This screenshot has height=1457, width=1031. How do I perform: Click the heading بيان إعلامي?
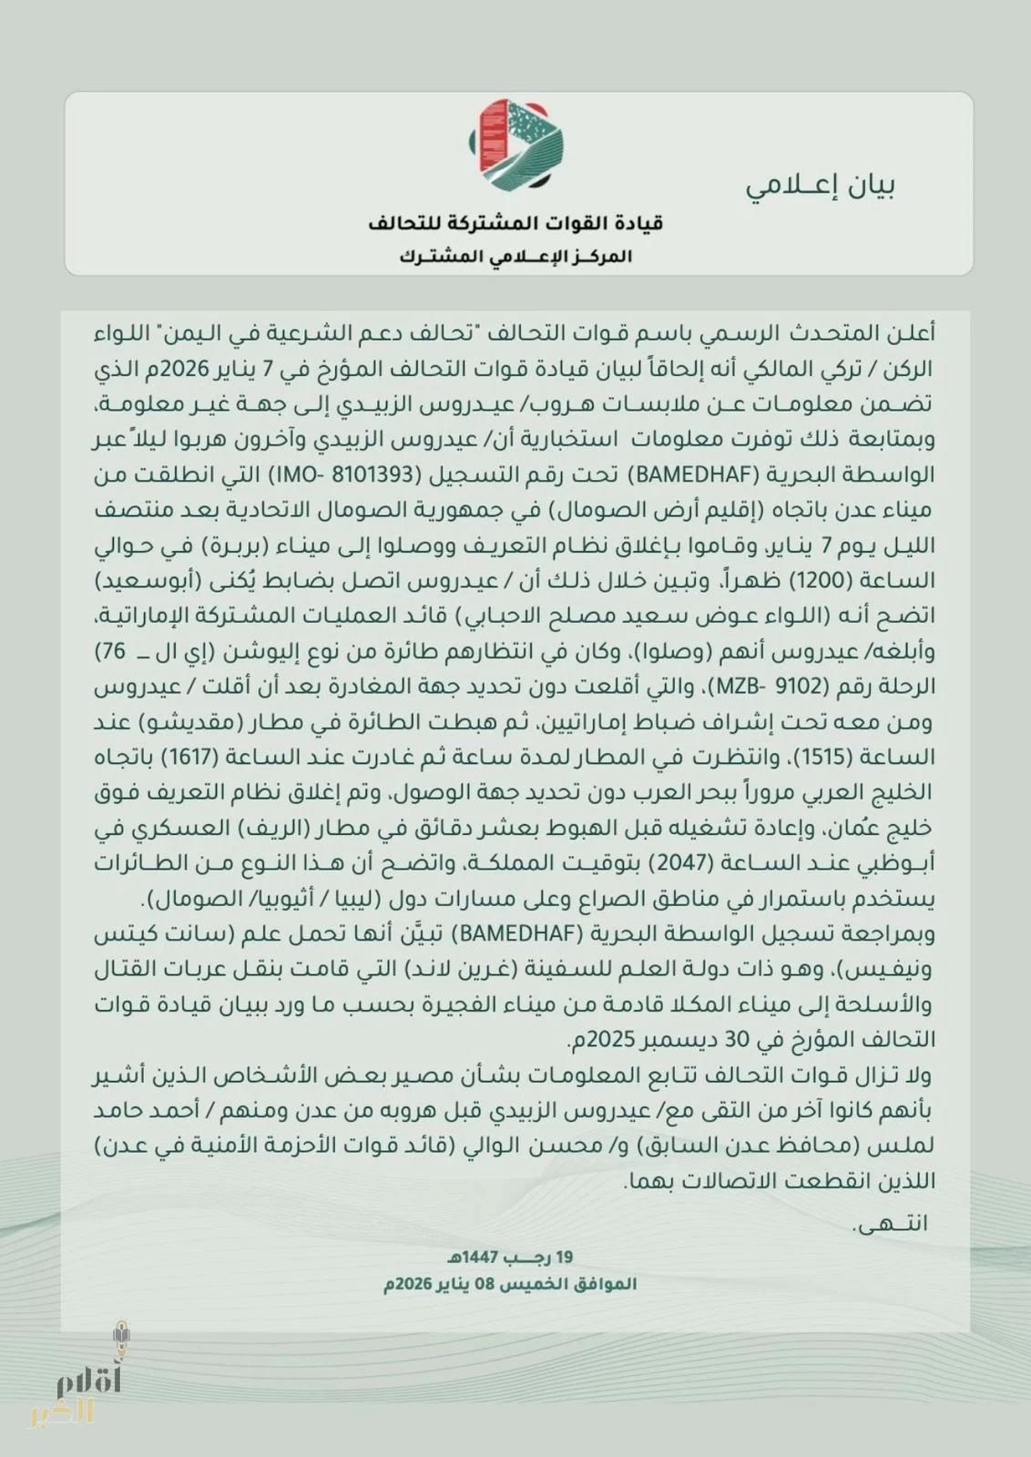tap(822, 186)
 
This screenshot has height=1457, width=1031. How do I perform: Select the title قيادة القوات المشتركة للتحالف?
tap(515, 223)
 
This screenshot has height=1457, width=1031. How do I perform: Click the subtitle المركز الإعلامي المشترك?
tap(515, 256)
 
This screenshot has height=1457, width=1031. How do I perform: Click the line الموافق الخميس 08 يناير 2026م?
tap(511, 1284)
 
